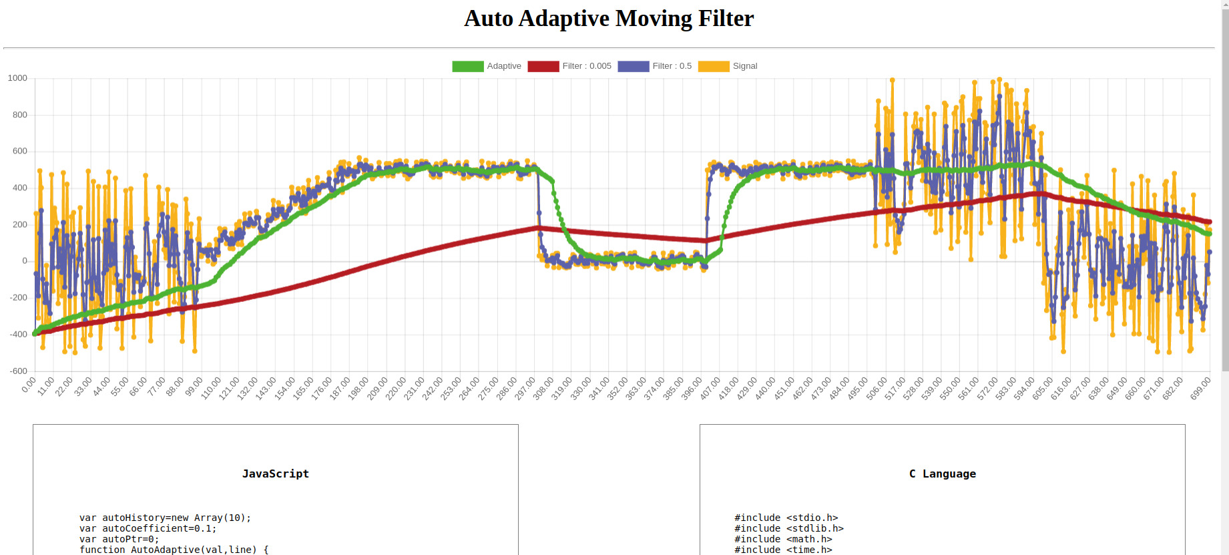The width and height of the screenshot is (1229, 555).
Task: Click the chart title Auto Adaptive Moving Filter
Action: [x=609, y=19]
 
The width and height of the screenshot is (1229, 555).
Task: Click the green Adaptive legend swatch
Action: [x=467, y=66]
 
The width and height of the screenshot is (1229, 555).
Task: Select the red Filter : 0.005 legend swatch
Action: [x=543, y=66]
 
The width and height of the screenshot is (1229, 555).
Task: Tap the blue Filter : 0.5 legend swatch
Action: [x=633, y=66]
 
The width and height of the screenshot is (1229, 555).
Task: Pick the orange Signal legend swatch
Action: [x=713, y=66]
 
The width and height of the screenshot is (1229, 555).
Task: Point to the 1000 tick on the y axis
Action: [x=17, y=78]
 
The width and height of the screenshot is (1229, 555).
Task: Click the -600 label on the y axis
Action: [x=19, y=371]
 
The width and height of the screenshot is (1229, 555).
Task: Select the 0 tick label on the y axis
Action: [x=25, y=261]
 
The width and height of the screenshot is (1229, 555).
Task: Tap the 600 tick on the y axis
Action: [x=20, y=151]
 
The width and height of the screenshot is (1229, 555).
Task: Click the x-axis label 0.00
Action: [x=29, y=385]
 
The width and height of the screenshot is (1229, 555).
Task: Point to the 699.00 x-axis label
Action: [x=1200, y=388]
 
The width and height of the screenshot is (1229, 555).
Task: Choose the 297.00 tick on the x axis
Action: [x=525, y=388]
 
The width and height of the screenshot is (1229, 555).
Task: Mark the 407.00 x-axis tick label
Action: [x=710, y=388]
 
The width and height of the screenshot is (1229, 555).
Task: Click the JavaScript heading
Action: [x=275, y=474]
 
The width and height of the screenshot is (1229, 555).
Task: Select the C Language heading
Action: [x=942, y=474]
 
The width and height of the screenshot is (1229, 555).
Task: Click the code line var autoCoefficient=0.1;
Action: [x=148, y=528]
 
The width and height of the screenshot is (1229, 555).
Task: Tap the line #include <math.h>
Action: [x=783, y=539]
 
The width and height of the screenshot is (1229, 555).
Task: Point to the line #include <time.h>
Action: [x=783, y=550]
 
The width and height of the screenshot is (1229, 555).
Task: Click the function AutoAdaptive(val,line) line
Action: [x=174, y=550]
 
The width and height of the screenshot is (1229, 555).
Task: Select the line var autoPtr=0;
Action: [x=119, y=539]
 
